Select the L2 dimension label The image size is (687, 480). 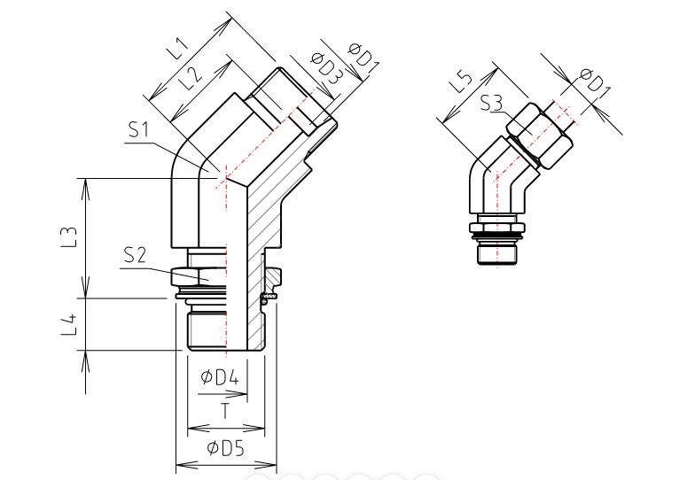point(191,77)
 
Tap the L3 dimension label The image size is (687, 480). point(70,236)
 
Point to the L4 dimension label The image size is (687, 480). point(70,324)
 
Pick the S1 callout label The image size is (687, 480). point(139,129)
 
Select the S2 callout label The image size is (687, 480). point(135,255)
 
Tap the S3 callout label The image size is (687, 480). point(492,104)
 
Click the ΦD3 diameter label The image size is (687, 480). point(326,67)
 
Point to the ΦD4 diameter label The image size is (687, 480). point(220,377)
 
